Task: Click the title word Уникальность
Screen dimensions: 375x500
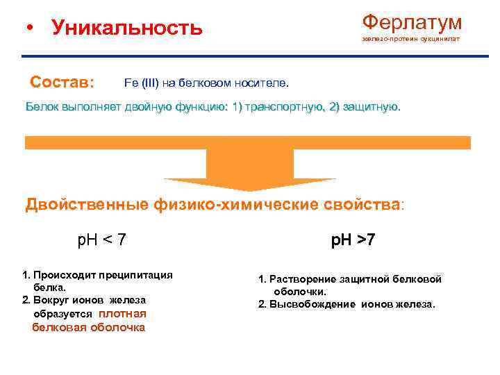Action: point(127,28)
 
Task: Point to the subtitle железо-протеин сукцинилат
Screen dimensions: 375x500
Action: point(410,39)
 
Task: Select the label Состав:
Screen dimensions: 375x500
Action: point(62,82)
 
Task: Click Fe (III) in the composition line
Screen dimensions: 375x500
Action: point(141,83)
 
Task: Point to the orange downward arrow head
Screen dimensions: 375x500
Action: point(249,180)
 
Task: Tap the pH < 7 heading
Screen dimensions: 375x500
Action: point(101,240)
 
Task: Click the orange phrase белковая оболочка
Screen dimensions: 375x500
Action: point(89,327)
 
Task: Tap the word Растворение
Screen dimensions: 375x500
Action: point(303,279)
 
